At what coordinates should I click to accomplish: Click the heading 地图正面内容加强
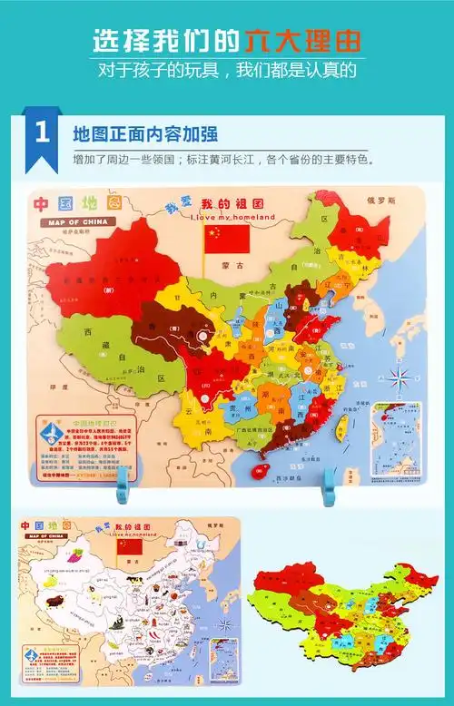point(144,134)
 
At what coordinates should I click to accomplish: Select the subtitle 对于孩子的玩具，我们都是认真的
point(227,69)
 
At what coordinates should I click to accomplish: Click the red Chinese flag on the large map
point(227,239)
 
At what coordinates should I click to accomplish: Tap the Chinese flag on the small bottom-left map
point(131,547)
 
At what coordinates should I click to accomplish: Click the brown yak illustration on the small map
point(54,600)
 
